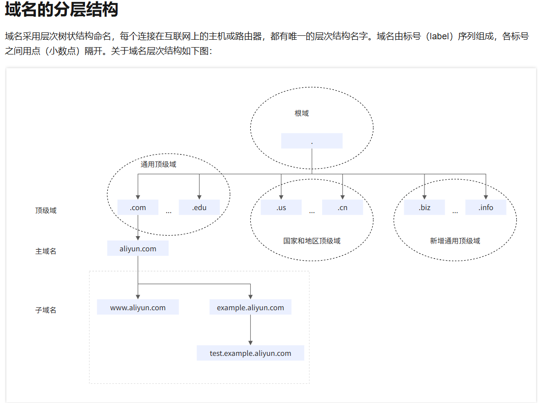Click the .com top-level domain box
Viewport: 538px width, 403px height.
pos(138,207)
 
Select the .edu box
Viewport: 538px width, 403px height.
pos(199,207)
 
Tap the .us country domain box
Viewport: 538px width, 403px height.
pos(281,207)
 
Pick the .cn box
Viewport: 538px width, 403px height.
pos(342,207)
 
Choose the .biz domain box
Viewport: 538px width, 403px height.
pos(424,207)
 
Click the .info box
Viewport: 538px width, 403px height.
pos(486,207)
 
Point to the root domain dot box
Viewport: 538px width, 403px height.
pos(312,141)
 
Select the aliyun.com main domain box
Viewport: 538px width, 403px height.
pos(138,248)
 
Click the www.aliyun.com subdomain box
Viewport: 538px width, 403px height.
pos(138,307)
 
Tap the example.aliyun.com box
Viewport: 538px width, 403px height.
pos(250,307)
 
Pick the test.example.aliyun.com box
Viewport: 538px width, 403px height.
pos(250,353)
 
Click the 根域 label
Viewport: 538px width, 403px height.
pos(301,113)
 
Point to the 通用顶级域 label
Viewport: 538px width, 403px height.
pos(158,164)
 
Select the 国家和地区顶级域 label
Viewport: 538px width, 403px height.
pos(312,241)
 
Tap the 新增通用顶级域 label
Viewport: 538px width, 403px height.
pos(455,241)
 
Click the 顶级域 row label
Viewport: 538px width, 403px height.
pos(46,211)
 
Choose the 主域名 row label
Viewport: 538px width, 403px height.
pos(46,251)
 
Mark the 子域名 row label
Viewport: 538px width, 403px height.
pos(46,310)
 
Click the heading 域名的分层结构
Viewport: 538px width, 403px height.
pos(61,10)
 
